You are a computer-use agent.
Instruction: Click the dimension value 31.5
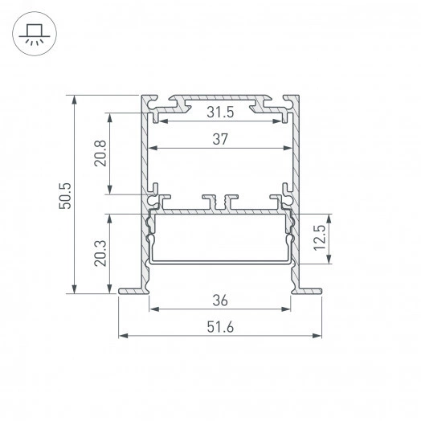(221, 112)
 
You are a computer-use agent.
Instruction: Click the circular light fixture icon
(35, 35)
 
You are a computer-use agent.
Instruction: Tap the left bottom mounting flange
(132, 291)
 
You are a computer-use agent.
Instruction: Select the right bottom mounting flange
(309, 291)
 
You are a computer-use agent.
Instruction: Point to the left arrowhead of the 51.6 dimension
(123, 335)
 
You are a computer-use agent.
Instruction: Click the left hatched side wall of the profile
(145, 161)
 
